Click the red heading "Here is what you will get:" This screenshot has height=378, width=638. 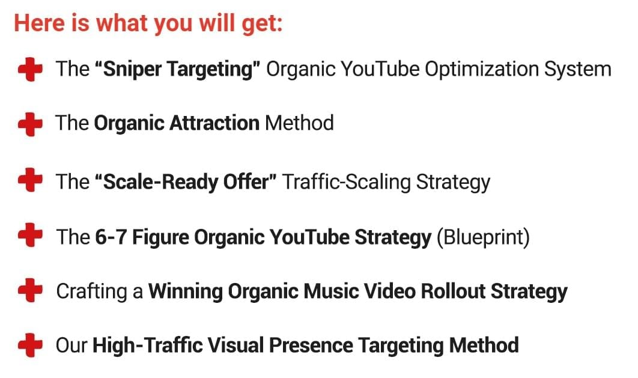(x=148, y=23)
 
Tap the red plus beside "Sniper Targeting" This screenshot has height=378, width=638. (x=30, y=69)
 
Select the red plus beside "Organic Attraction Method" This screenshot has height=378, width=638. (x=30, y=124)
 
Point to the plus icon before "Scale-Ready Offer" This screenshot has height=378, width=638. (x=30, y=180)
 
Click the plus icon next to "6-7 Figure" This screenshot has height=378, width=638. (x=30, y=235)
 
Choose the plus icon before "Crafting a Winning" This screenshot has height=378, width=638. (x=30, y=290)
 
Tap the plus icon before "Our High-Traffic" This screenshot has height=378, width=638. (x=30, y=345)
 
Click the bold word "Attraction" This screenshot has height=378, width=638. (x=214, y=123)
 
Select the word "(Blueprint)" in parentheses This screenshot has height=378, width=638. (x=483, y=237)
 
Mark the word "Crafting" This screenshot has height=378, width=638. (x=91, y=291)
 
